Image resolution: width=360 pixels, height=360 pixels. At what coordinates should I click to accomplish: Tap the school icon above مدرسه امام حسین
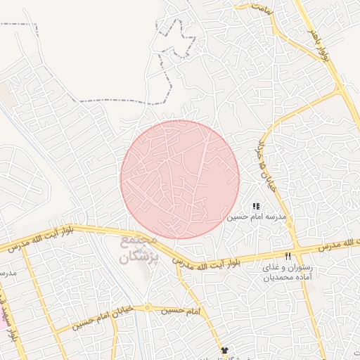(x=256, y=206)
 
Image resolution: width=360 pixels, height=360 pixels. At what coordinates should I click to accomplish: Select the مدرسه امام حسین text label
(x=257, y=218)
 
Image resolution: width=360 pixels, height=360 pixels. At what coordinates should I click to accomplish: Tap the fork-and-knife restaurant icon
(x=288, y=255)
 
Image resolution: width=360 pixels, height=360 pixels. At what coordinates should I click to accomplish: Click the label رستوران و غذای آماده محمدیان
(x=287, y=273)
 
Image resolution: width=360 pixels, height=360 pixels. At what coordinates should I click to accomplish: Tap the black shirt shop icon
(x=224, y=349)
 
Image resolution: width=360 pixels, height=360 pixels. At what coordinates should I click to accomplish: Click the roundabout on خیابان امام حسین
(x=147, y=307)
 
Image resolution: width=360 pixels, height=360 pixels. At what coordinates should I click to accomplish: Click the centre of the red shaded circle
(x=180, y=179)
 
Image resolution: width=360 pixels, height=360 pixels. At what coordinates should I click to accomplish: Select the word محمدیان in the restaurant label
(x=266, y=278)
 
